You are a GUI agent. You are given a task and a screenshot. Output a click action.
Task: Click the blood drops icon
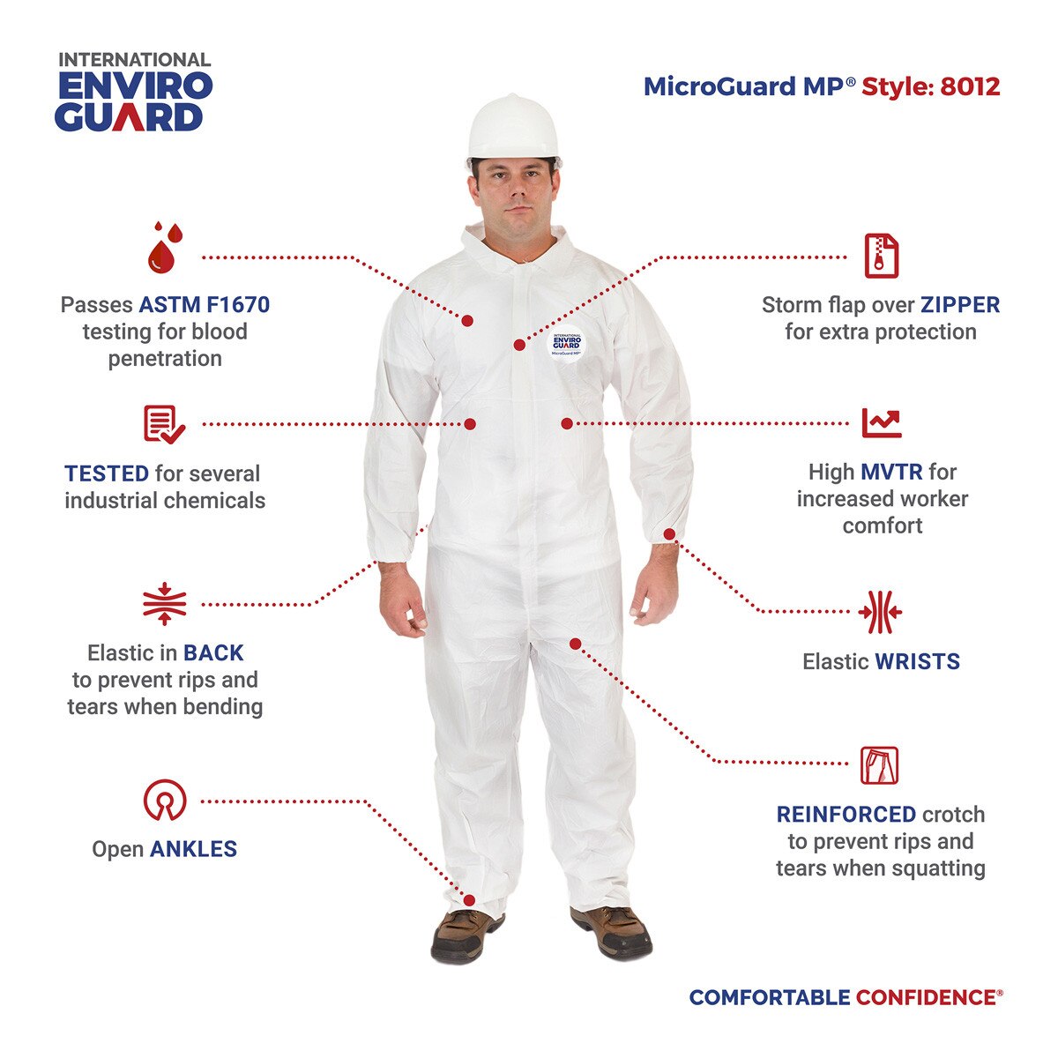[165, 247]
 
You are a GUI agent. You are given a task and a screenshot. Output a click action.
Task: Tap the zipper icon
[881, 256]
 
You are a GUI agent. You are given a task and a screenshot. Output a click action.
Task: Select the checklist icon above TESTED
[164, 424]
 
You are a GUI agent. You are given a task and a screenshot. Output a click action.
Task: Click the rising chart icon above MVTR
[881, 423]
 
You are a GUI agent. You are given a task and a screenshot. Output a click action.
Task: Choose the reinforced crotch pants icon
[880, 765]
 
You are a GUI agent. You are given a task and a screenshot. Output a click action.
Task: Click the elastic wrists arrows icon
[881, 612]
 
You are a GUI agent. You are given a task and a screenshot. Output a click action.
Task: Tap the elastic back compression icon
[164, 604]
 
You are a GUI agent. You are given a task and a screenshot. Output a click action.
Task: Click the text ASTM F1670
[205, 305]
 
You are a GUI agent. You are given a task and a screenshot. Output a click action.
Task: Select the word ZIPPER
[960, 305]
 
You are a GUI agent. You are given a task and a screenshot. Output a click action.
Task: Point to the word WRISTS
[917, 661]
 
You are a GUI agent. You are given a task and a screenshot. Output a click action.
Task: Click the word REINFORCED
[846, 815]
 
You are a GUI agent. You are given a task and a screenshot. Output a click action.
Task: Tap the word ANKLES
[193, 849]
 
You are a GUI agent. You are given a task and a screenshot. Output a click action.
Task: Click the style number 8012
[970, 86]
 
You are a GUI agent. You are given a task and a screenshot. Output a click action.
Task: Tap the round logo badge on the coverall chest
[567, 344]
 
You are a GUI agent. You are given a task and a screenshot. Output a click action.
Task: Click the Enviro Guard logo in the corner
[134, 93]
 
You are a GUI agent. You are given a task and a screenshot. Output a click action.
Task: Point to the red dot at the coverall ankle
[469, 900]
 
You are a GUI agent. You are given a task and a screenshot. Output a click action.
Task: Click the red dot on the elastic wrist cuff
[669, 534]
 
